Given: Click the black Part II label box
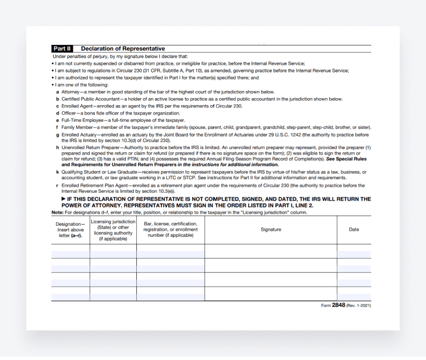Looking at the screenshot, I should point(62,49).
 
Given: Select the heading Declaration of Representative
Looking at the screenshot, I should point(123,49).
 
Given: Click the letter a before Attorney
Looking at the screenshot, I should point(57,92).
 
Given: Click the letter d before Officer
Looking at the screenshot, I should point(57,113).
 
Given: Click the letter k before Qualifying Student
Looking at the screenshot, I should point(57,172).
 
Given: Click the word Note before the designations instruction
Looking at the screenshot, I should point(57,212).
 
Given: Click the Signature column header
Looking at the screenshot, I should point(270,230).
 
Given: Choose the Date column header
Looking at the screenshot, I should point(354,230).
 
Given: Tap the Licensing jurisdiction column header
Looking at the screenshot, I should point(113,230).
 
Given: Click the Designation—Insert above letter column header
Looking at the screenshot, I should point(70,230).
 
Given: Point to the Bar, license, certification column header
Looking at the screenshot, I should point(170,230).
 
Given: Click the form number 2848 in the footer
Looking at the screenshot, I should point(338,305).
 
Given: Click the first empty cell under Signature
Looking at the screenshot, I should point(270,251).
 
